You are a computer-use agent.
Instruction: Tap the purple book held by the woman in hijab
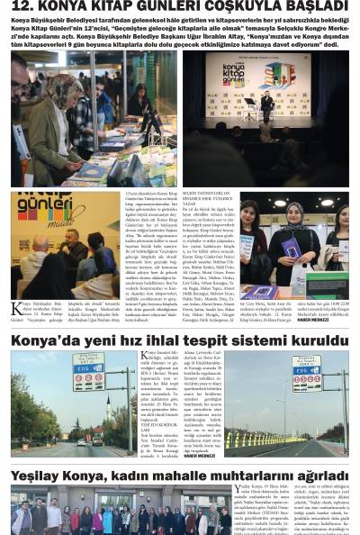point(292,247)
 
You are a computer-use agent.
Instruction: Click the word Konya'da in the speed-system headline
point(49,340)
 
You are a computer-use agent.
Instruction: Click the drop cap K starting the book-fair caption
point(16,311)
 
